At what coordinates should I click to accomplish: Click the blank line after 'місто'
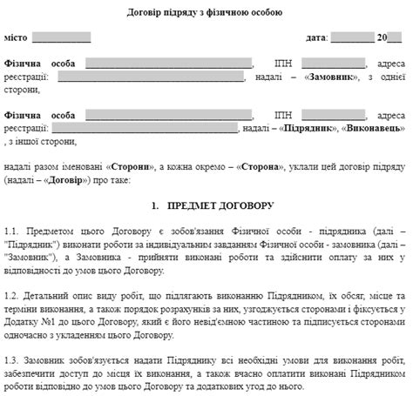(x=61, y=39)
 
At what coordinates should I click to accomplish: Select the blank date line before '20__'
(x=352, y=39)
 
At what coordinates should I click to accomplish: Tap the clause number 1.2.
(x=11, y=299)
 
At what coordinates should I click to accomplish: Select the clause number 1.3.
(x=11, y=362)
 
